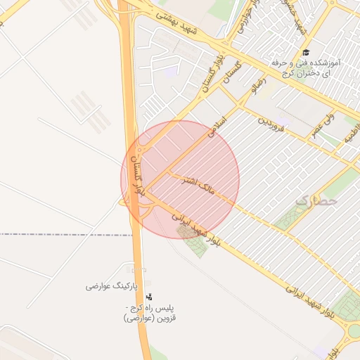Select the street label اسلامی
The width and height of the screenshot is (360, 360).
coord(219,127)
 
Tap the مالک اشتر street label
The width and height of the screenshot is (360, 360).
coord(197,184)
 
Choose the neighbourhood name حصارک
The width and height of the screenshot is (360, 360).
coord(316,200)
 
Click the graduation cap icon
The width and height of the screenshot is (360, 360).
coord(305,53)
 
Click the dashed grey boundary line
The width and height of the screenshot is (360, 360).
coord(63,234)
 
